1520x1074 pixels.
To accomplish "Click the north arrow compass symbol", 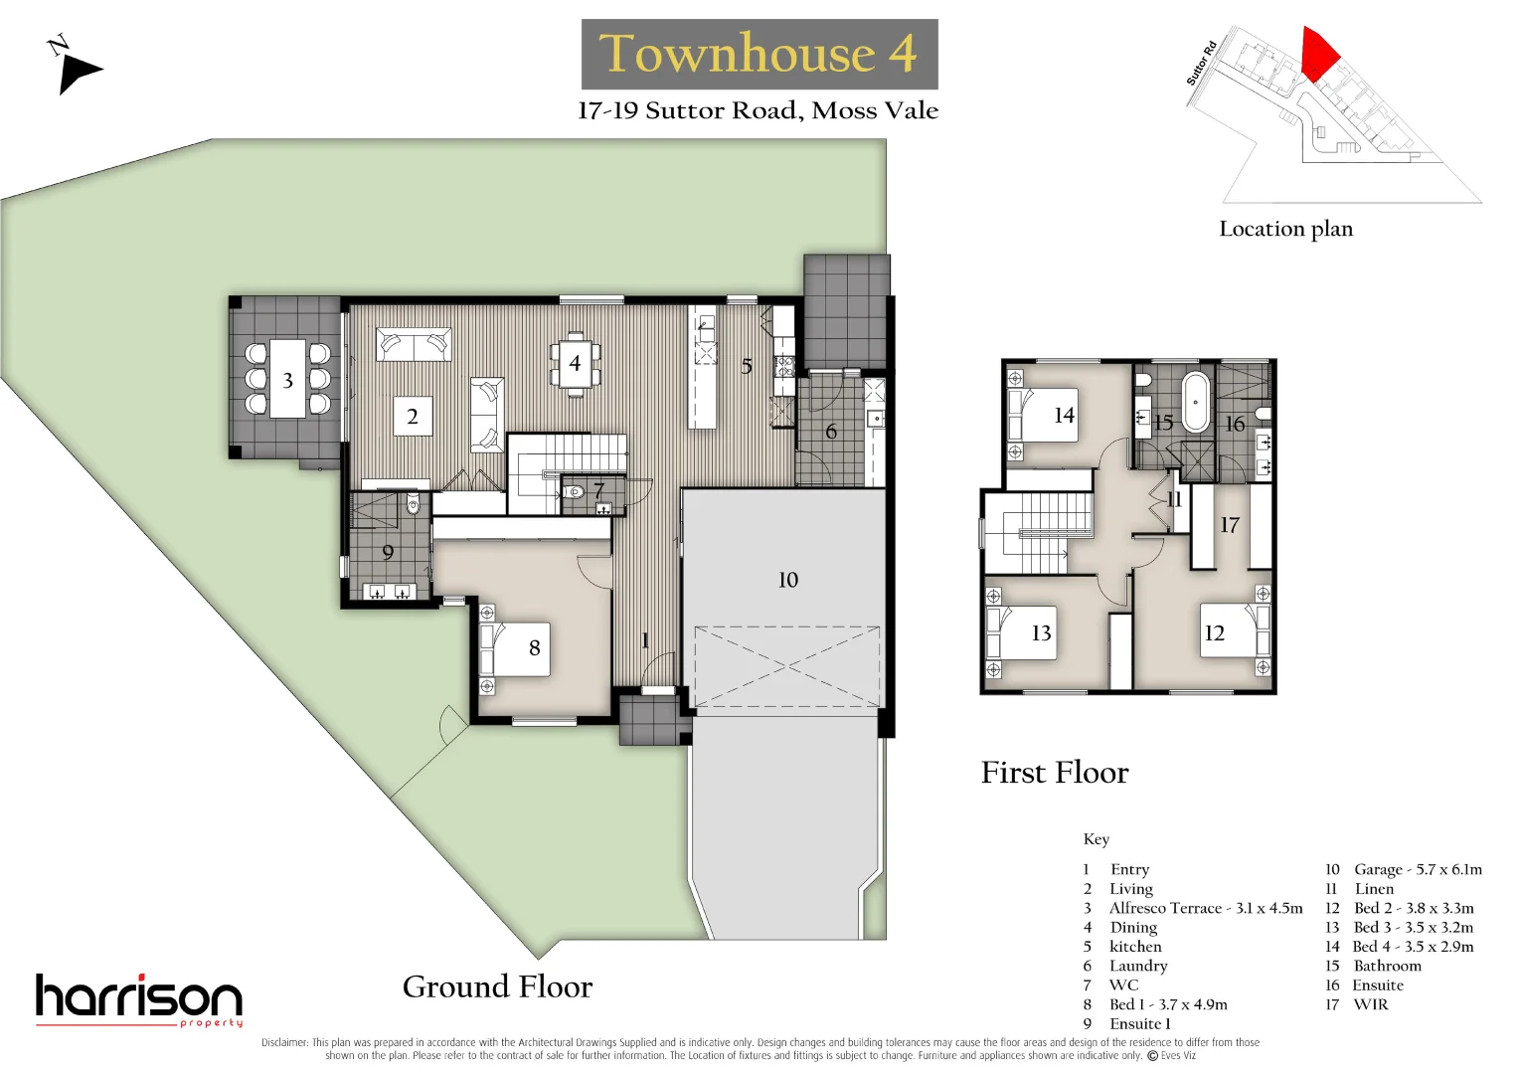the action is click(76, 68).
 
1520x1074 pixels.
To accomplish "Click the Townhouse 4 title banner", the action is click(760, 54).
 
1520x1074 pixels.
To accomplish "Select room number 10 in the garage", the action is click(787, 580).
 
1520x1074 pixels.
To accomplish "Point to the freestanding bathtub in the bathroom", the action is click(1196, 401).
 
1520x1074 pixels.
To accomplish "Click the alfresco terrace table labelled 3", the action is click(287, 379).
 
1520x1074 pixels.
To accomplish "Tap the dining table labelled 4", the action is click(575, 363).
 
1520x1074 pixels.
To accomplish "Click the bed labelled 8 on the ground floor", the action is click(514, 648).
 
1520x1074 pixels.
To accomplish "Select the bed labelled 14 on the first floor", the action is click(1043, 415).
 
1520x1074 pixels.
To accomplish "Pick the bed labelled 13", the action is click(1021, 632).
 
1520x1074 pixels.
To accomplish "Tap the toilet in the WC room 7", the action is click(574, 491).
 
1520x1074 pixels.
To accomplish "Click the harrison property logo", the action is click(139, 999).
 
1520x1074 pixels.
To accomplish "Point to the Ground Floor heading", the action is click(497, 986).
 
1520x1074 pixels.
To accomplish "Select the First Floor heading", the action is click(1055, 773).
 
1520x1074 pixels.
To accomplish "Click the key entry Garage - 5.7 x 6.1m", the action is click(1404, 869).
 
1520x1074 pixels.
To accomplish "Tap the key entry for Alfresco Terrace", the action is click(1193, 908).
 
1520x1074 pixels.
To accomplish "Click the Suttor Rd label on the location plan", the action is click(1201, 63).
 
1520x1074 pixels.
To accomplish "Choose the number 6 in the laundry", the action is click(831, 432).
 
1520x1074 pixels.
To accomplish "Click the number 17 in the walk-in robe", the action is click(1230, 525).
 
